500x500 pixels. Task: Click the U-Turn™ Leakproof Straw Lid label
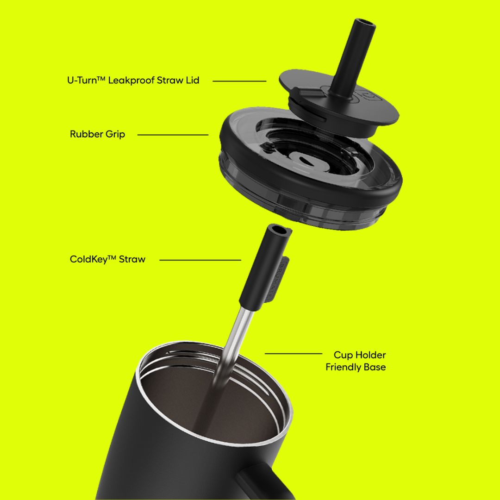133,80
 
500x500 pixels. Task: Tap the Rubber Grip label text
98,134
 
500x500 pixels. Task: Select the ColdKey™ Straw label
107,259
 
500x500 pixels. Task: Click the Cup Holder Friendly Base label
356,361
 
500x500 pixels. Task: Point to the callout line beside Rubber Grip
173,135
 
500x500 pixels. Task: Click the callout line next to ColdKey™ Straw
200,260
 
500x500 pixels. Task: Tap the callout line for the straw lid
239,81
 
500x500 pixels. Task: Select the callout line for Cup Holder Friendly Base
294,354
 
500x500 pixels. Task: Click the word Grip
115,135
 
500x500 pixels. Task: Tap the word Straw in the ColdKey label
132,259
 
